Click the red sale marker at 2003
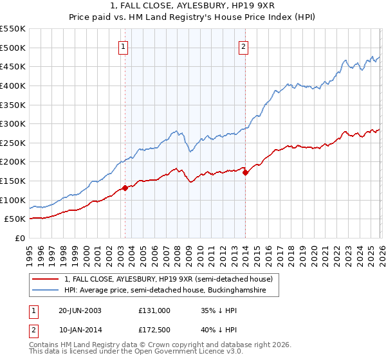(125, 188)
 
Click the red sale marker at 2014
(245, 172)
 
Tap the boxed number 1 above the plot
(123, 46)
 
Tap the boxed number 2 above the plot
(244, 46)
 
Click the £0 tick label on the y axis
(19, 238)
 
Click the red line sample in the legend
(46, 279)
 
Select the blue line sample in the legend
(46, 291)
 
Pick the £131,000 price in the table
(154, 310)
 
